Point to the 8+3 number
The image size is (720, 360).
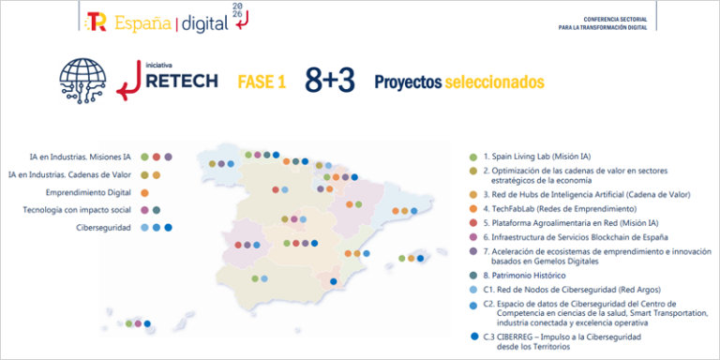(327, 82)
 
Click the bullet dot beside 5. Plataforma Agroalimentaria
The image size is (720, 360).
(473, 223)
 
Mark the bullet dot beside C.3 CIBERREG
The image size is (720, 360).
(473, 336)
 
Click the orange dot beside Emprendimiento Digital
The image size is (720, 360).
(143, 192)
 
